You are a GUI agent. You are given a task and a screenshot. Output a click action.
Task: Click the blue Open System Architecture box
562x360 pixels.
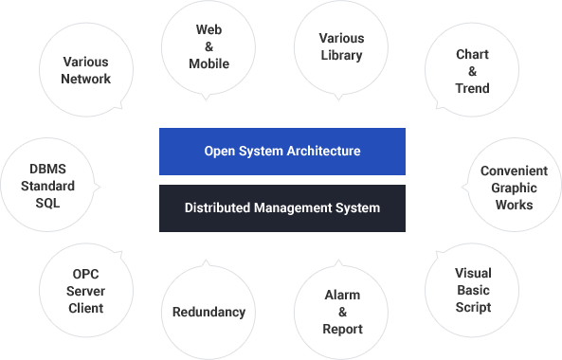282,152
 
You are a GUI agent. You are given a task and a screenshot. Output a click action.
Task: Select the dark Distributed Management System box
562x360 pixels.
282,208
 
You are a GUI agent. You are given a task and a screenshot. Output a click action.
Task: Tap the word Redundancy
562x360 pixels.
208,313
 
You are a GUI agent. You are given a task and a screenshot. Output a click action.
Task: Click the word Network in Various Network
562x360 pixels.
86,79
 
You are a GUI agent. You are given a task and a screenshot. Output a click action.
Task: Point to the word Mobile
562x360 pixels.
208,63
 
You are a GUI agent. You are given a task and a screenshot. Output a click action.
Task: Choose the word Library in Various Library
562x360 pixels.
341,56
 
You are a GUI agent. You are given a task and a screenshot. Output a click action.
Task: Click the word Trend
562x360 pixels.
472,88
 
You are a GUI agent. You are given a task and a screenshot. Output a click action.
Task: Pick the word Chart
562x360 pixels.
472,54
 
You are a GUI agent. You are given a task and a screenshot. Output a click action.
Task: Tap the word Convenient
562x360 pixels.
514,171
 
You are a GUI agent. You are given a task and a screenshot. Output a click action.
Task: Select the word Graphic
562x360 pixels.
514,189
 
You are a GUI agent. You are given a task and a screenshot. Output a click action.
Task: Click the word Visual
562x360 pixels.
473,273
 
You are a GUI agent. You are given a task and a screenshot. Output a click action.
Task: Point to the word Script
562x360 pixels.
473,307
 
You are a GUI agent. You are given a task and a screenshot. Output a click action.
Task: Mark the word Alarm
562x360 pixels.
342,295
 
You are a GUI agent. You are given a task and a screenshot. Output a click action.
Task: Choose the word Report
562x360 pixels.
342,329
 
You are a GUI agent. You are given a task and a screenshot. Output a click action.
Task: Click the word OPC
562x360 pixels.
85,274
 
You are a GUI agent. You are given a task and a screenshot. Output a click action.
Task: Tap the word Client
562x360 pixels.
85,308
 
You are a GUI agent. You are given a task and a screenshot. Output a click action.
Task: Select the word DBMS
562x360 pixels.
47,169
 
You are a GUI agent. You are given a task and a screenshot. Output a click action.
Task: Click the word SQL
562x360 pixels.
47,203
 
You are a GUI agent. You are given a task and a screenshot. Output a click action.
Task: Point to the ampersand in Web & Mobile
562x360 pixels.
208,46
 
